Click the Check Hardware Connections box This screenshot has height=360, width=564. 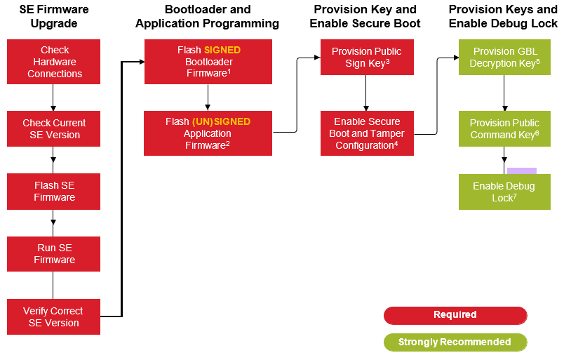(x=54, y=62)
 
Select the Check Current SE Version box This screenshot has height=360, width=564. (x=54, y=128)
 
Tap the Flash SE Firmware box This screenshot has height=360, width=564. (x=54, y=192)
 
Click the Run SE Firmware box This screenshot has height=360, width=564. (x=54, y=254)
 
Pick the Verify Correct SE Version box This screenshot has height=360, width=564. (x=54, y=316)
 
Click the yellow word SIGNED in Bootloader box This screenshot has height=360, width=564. (x=222, y=51)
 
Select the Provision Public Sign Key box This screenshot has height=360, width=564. (x=365, y=57)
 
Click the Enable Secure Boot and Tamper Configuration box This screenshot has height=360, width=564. (x=365, y=133)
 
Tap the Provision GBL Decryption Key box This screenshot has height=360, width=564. (x=504, y=57)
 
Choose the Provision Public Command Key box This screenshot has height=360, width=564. (x=504, y=128)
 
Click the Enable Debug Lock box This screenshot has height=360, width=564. (x=504, y=192)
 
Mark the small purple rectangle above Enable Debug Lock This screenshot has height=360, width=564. (x=521, y=171)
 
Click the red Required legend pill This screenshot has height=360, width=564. (x=455, y=315)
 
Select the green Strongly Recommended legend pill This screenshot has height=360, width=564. (x=455, y=342)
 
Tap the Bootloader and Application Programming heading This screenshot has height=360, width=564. (x=208, y=17)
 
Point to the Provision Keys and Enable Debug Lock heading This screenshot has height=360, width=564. (x=503, y=17)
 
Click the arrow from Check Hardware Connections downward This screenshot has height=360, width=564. (x=54, y=97)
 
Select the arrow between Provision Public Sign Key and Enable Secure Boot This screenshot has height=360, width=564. (x=365, y=92)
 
